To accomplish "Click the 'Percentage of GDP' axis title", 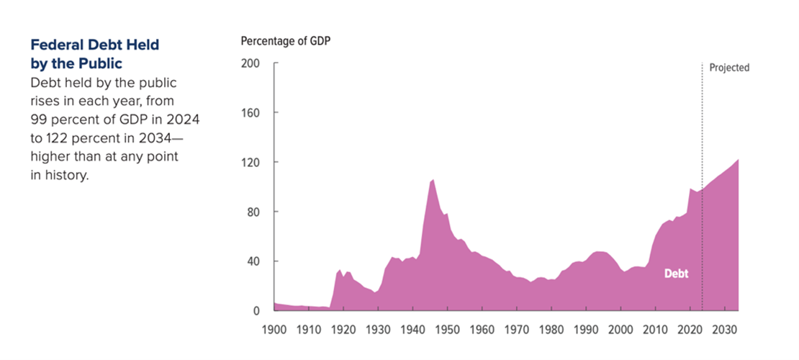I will pyautogui.click(x=285, y=40).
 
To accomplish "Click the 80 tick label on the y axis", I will pyautogui.click(x=253, y=212).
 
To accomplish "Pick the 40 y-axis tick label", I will pyautogui.click(x=253, y=261).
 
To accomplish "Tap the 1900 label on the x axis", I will pyautogui.click(x=274, y=330).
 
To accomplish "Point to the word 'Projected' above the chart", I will pyautogui.click(x=729, y=68).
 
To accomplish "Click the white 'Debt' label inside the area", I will pyautogui.click(x=676, y=274).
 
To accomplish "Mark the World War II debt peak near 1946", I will pyautogui.click(x=433, y=180).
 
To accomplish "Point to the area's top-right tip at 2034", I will pyautogui.click(x=738, y=160).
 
